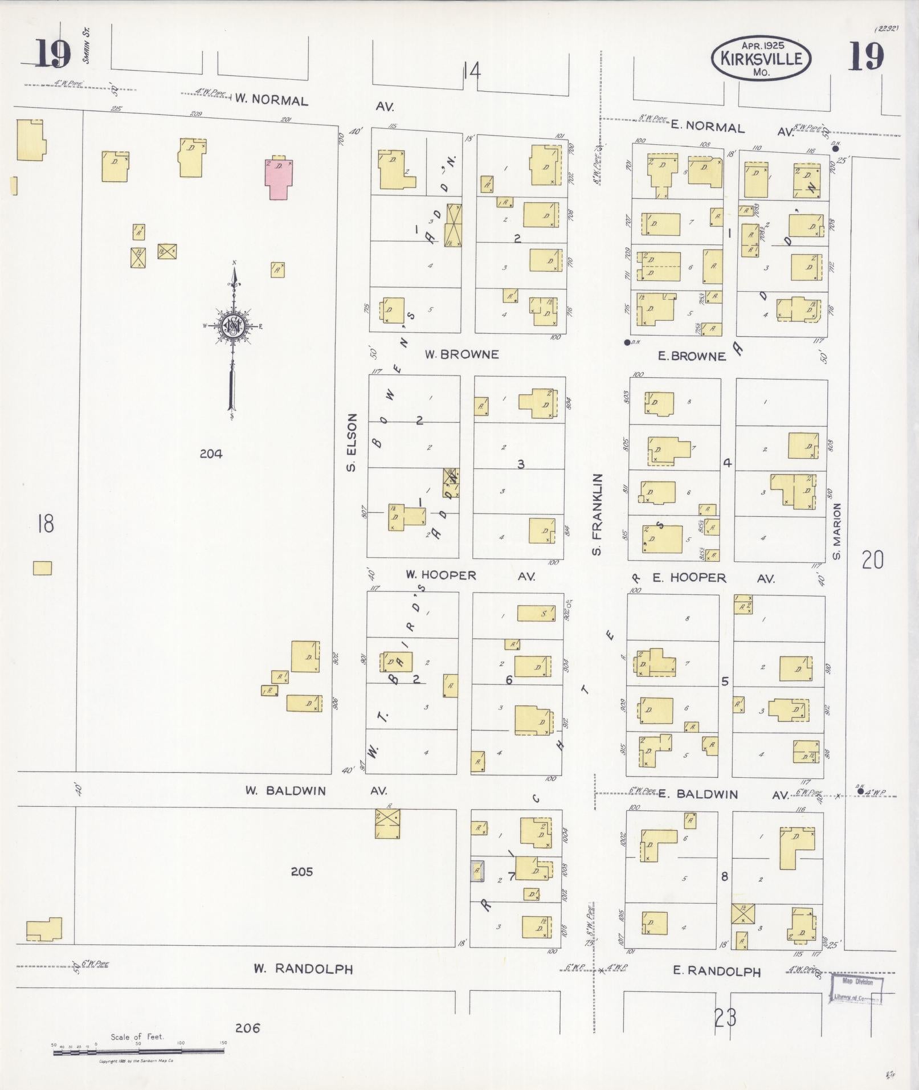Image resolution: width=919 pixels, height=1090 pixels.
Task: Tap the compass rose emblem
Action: tap(233, 326)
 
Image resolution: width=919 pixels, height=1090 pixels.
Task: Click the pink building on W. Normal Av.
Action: tap(280, 179)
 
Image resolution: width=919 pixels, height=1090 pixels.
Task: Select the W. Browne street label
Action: tap(461, 354)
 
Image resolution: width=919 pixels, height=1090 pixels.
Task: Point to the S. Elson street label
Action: tap(352, 442)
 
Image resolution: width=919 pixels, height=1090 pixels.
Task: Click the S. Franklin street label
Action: tap(597, 514)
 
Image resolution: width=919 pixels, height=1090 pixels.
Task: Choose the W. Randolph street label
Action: tap(303, 969)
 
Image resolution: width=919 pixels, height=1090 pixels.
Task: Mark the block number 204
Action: tap(211, 454)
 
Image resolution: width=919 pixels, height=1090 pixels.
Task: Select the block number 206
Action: tap(247, 1028)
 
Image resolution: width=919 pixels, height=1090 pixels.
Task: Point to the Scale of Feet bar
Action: tap(140, 1052)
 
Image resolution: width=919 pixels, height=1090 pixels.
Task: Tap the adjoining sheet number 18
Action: tap(45, 523)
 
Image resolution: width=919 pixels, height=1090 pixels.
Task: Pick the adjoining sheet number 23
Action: tap(725, 1017)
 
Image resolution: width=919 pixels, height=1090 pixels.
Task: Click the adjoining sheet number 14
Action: tap(472, 72)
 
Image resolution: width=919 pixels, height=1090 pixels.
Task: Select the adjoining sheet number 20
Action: tap(872, 560)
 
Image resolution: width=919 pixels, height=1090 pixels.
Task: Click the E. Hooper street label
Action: tap(689, 578)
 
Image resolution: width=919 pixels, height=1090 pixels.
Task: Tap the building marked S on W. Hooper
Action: tap(536, 613)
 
